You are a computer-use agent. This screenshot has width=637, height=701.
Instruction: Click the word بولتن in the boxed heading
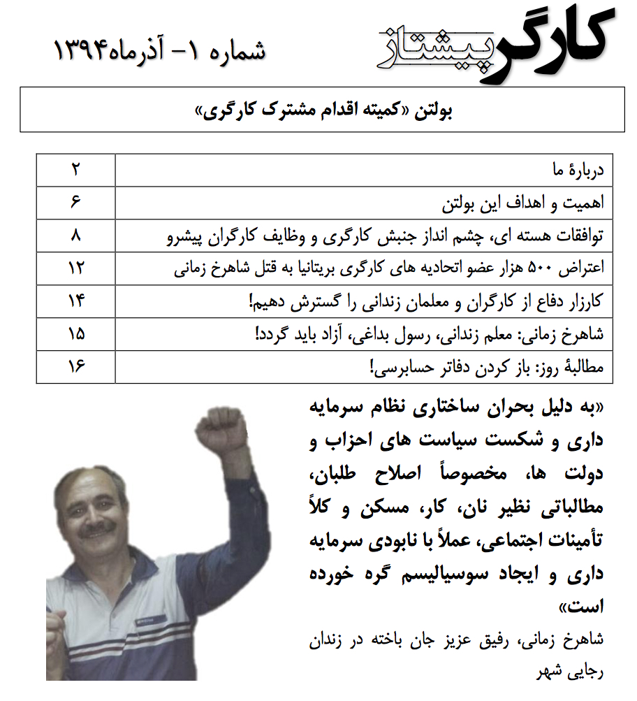438,110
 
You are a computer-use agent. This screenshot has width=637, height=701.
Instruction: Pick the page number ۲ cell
75,170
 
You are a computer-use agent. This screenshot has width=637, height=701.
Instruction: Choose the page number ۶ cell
75,203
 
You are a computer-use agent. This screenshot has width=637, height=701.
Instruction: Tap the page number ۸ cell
75,236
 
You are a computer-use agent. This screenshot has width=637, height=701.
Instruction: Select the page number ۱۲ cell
75,268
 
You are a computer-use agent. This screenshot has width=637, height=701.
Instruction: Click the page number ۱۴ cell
75,301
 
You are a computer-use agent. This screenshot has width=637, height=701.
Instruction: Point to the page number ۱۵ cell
75,334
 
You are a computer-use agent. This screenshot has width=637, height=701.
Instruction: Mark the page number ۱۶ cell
75,367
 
